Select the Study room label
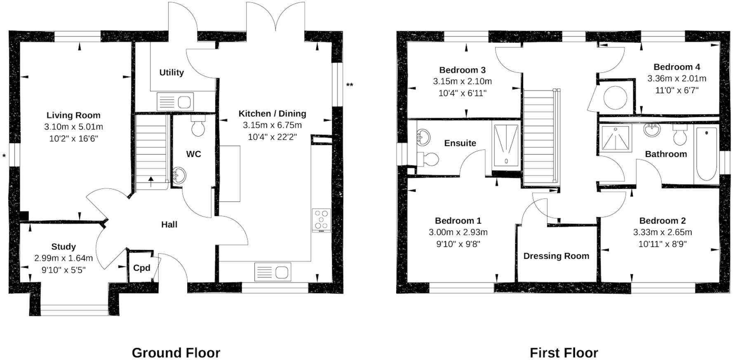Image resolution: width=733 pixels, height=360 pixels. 63,247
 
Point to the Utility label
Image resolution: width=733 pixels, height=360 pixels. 172,73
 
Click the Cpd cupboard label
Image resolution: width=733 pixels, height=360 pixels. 141,268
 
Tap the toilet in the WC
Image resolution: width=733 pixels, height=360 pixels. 198,127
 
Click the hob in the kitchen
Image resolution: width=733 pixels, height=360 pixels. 321,219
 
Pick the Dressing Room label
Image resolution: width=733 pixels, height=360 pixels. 556,256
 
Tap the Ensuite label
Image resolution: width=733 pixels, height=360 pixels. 460,143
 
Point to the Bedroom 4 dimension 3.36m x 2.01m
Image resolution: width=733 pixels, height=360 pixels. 677,78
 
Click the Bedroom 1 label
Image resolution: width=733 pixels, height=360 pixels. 458,221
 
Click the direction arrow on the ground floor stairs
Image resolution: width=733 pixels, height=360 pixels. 151,179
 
